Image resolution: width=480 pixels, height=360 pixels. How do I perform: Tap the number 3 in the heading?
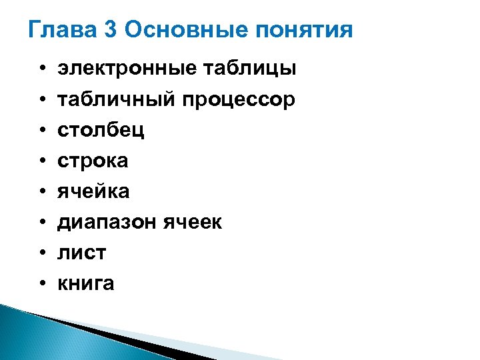[x=111, y=31]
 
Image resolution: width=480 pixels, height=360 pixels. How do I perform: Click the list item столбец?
[x=101, y=130]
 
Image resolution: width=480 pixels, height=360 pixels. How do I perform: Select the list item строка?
[x=93, y=161]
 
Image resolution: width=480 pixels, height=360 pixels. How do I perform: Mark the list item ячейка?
[x=93, y=192]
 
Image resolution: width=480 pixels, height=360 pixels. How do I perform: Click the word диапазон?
[x=107, y=223]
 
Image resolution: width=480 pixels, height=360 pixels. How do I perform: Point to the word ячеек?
[x=192, y=223]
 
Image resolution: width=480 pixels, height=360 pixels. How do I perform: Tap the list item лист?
[x=82, y=253]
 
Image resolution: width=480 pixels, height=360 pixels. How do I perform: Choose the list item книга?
[x=86, y=284]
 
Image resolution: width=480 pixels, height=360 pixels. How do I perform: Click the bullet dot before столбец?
[x=41, y=131]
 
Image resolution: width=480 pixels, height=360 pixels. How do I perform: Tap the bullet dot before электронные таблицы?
[x=41, y=69]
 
